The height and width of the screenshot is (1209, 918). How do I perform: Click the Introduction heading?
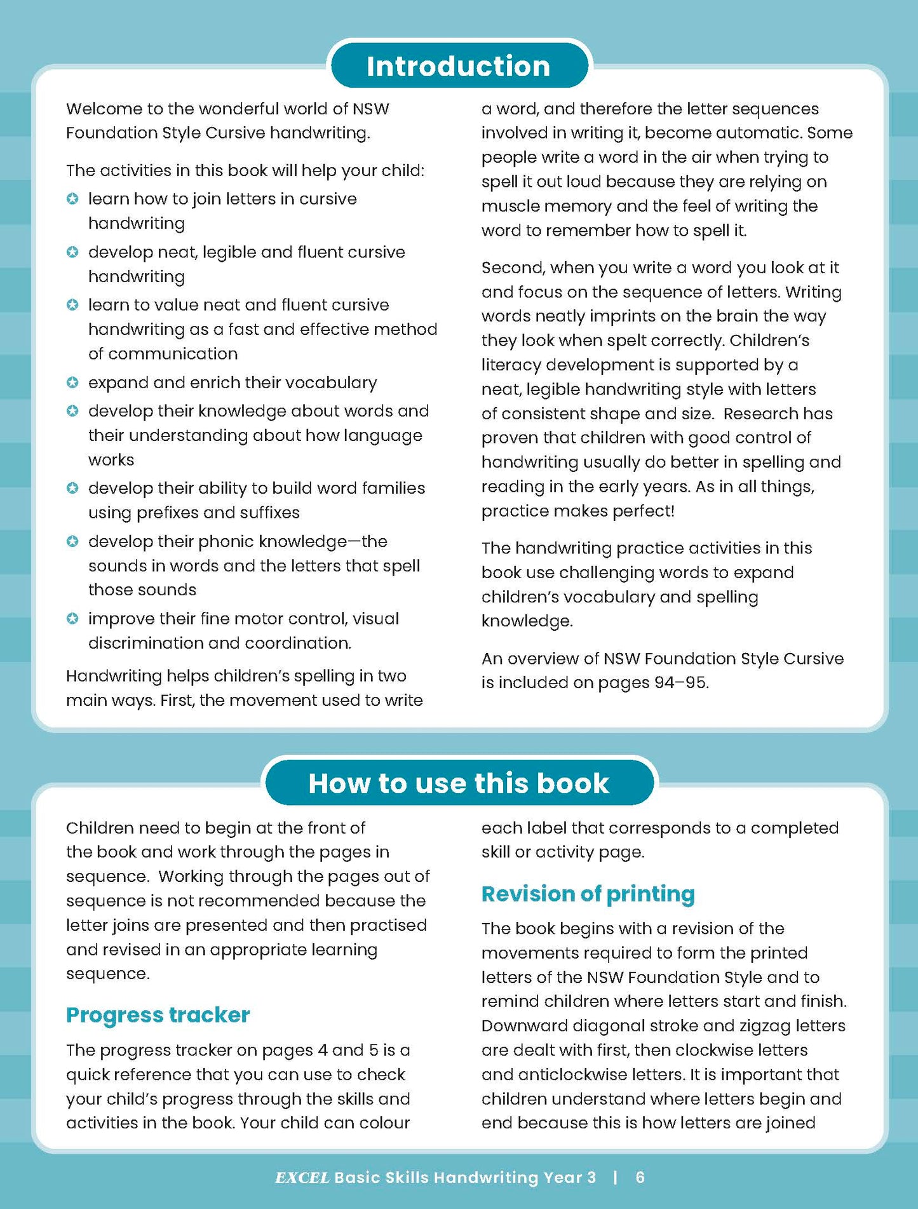[x=458, y=66]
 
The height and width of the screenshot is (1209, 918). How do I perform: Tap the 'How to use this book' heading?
[x=458, y=783]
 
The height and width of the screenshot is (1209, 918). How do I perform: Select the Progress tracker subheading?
[x=158, y=1015]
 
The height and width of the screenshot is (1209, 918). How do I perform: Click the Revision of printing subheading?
[x=588, y=893]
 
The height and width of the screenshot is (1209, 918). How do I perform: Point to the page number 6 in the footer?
[x=640, y=1177]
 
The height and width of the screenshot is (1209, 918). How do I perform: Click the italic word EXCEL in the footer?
[x=302, y=1177]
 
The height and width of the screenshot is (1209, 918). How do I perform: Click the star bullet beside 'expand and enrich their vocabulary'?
[x=73, y=382]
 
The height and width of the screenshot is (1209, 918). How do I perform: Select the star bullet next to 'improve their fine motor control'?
[x=73, y=618]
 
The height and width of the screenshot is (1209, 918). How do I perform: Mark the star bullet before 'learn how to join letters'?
[x=73, y=199]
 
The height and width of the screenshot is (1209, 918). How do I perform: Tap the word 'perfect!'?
[x=643, y=511]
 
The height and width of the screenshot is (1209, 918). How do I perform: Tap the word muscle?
[x=510, y=206]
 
